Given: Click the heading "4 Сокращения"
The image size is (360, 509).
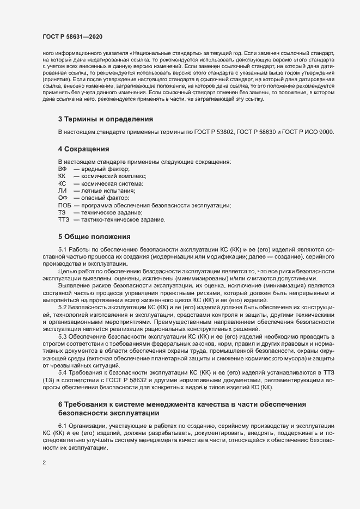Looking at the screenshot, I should coord(84,149).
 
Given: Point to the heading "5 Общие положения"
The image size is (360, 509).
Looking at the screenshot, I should coord(94,236).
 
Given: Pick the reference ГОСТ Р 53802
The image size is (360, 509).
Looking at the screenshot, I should coord(208,133).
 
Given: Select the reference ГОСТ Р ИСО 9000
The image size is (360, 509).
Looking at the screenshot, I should coord(308,133).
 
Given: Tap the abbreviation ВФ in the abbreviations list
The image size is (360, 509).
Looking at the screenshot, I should coord(62,170).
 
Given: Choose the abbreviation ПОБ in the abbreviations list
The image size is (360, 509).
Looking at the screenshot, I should coord(65,205).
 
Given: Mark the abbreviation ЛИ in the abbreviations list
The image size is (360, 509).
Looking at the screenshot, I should coord(62,191).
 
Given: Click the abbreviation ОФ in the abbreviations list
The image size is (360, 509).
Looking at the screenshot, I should coord(63,198).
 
